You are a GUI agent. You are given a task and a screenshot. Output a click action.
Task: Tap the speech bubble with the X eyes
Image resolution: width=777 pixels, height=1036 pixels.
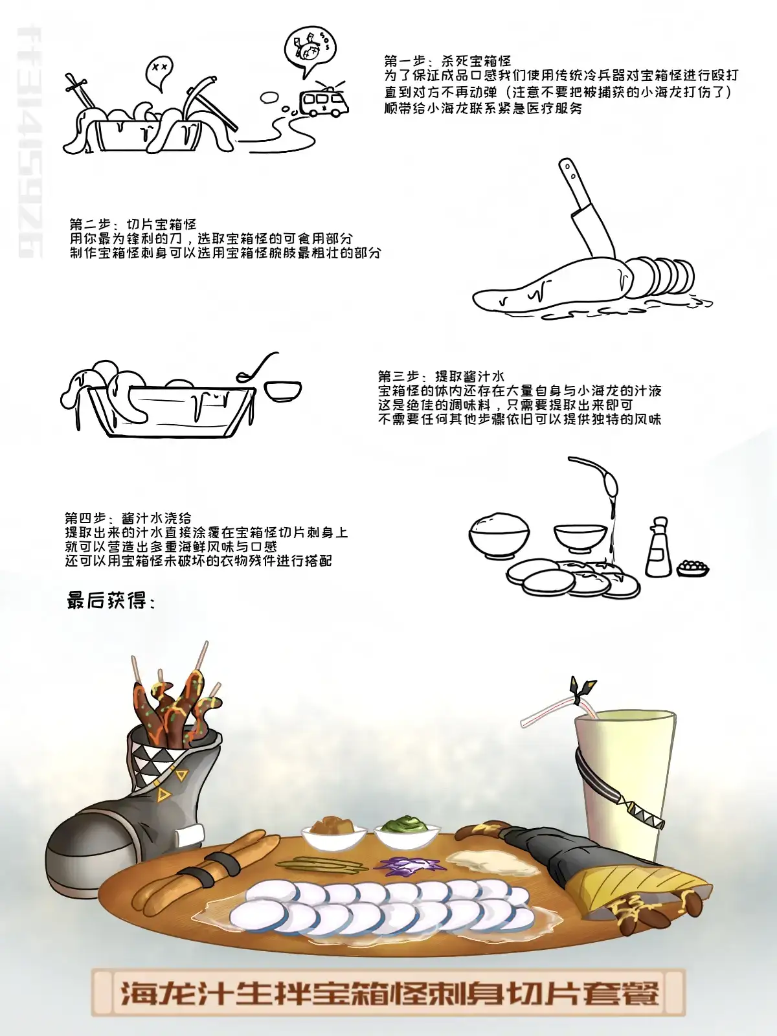pos(159,73)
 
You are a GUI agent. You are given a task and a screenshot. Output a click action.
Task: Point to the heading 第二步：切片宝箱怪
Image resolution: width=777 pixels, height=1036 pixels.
pos(133,224)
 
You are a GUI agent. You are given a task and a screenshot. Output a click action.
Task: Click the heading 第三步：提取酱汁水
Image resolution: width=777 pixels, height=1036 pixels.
pos(441,376)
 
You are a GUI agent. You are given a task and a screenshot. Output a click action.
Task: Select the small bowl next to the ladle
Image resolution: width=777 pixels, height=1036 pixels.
pos(282,391)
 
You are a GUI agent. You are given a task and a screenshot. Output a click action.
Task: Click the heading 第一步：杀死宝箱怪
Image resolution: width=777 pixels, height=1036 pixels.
pos(448,61)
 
